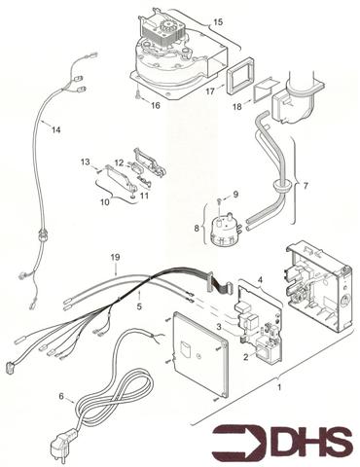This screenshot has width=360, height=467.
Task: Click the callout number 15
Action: coord(218,22)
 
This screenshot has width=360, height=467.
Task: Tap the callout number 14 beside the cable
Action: coord(56,130)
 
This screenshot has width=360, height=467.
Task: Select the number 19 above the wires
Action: coord(115,258)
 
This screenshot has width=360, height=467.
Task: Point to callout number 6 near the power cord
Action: coord(61,396)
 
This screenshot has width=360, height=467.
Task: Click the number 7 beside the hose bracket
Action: coord(306,186)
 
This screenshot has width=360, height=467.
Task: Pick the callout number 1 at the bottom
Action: coord(279,387)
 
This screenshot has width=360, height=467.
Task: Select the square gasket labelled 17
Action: coord(241,76)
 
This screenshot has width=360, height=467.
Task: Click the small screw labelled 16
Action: coord(139,95)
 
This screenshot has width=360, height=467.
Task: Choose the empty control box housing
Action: coord(318,285)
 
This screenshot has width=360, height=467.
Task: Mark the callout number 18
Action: coord(237,106)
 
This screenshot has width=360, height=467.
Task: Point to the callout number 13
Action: coord(86,162)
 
